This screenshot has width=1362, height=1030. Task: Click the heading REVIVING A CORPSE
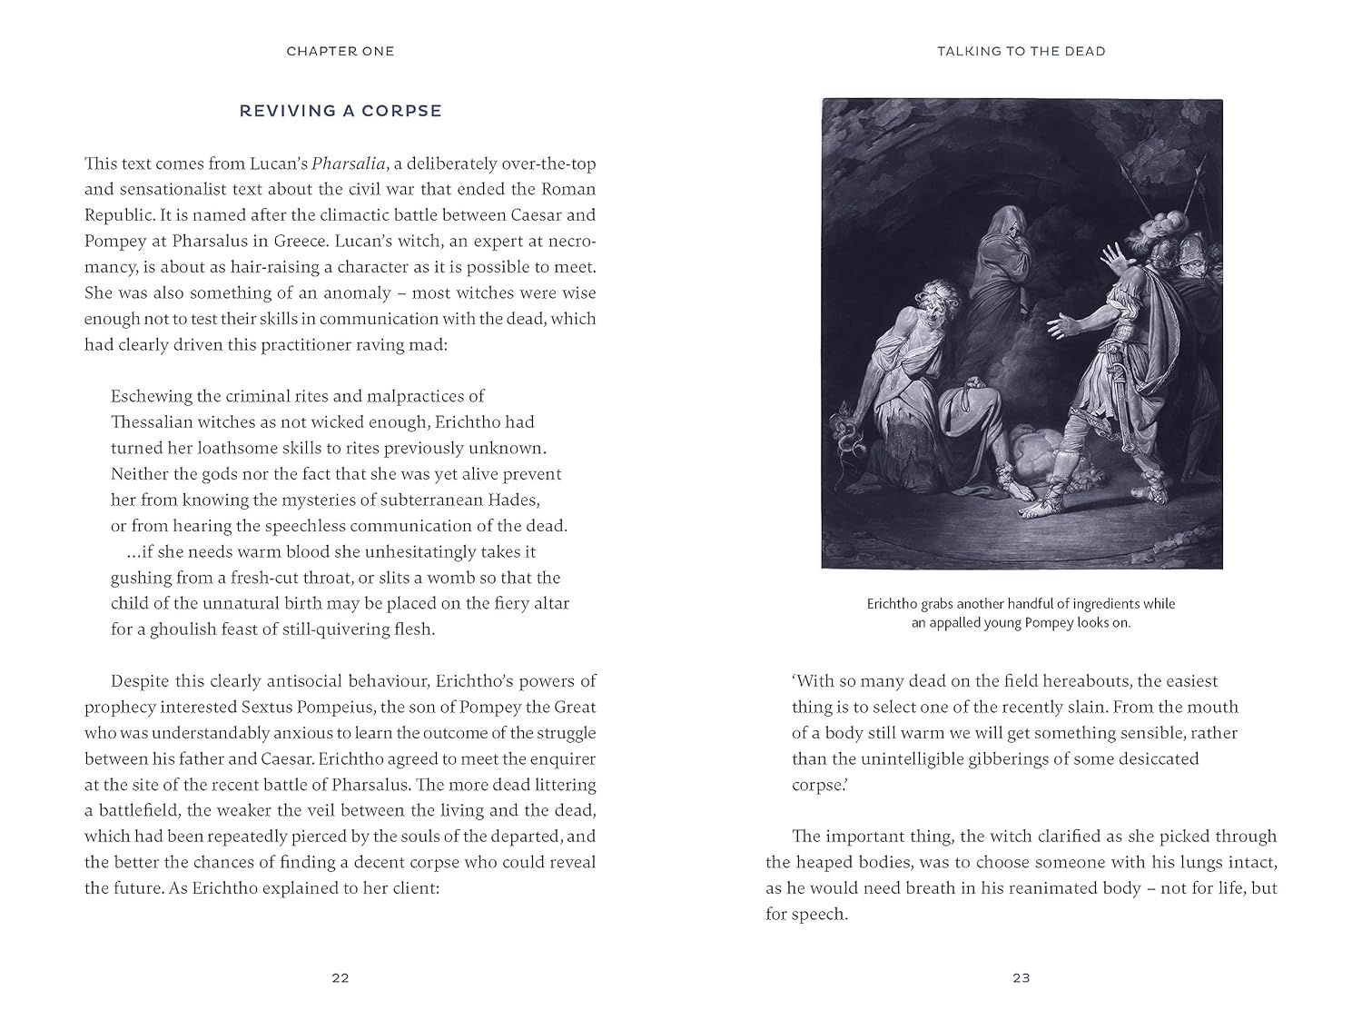pos(340,112)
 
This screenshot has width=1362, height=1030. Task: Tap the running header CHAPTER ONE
pos(340,52)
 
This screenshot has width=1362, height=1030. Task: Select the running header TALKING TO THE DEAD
pos(1021,52)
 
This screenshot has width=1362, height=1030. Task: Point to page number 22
pos(340,978)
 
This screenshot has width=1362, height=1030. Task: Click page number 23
pos(1021,978)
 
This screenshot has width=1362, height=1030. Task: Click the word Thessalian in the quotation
pos(151,422)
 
